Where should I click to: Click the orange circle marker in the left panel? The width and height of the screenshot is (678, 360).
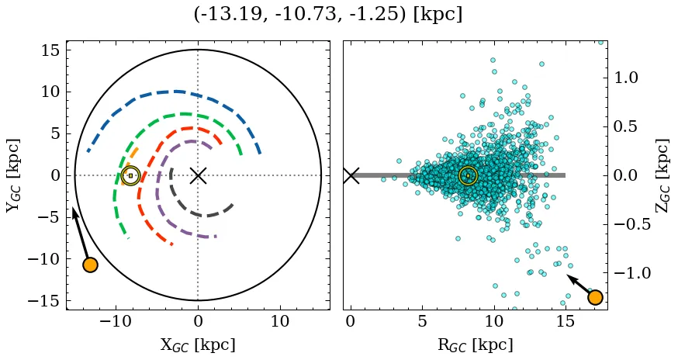point(90,265)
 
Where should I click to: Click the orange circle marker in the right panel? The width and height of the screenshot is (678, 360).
point(595,297)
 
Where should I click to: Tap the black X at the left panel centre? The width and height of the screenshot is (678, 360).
point(198,175)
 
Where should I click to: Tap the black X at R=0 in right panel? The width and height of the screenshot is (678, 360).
point(351,175)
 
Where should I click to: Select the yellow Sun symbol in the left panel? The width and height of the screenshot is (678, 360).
point(130,175)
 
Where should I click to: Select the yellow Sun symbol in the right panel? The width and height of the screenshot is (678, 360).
point(468,175)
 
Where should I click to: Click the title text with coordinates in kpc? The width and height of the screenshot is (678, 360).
point(327,15)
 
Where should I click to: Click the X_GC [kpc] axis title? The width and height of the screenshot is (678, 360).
point(198,344)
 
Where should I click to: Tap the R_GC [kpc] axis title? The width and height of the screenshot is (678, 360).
point(475,344)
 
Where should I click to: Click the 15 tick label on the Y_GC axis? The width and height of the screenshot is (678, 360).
point(50,50)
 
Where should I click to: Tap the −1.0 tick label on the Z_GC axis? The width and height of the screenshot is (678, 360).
point(629,273)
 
